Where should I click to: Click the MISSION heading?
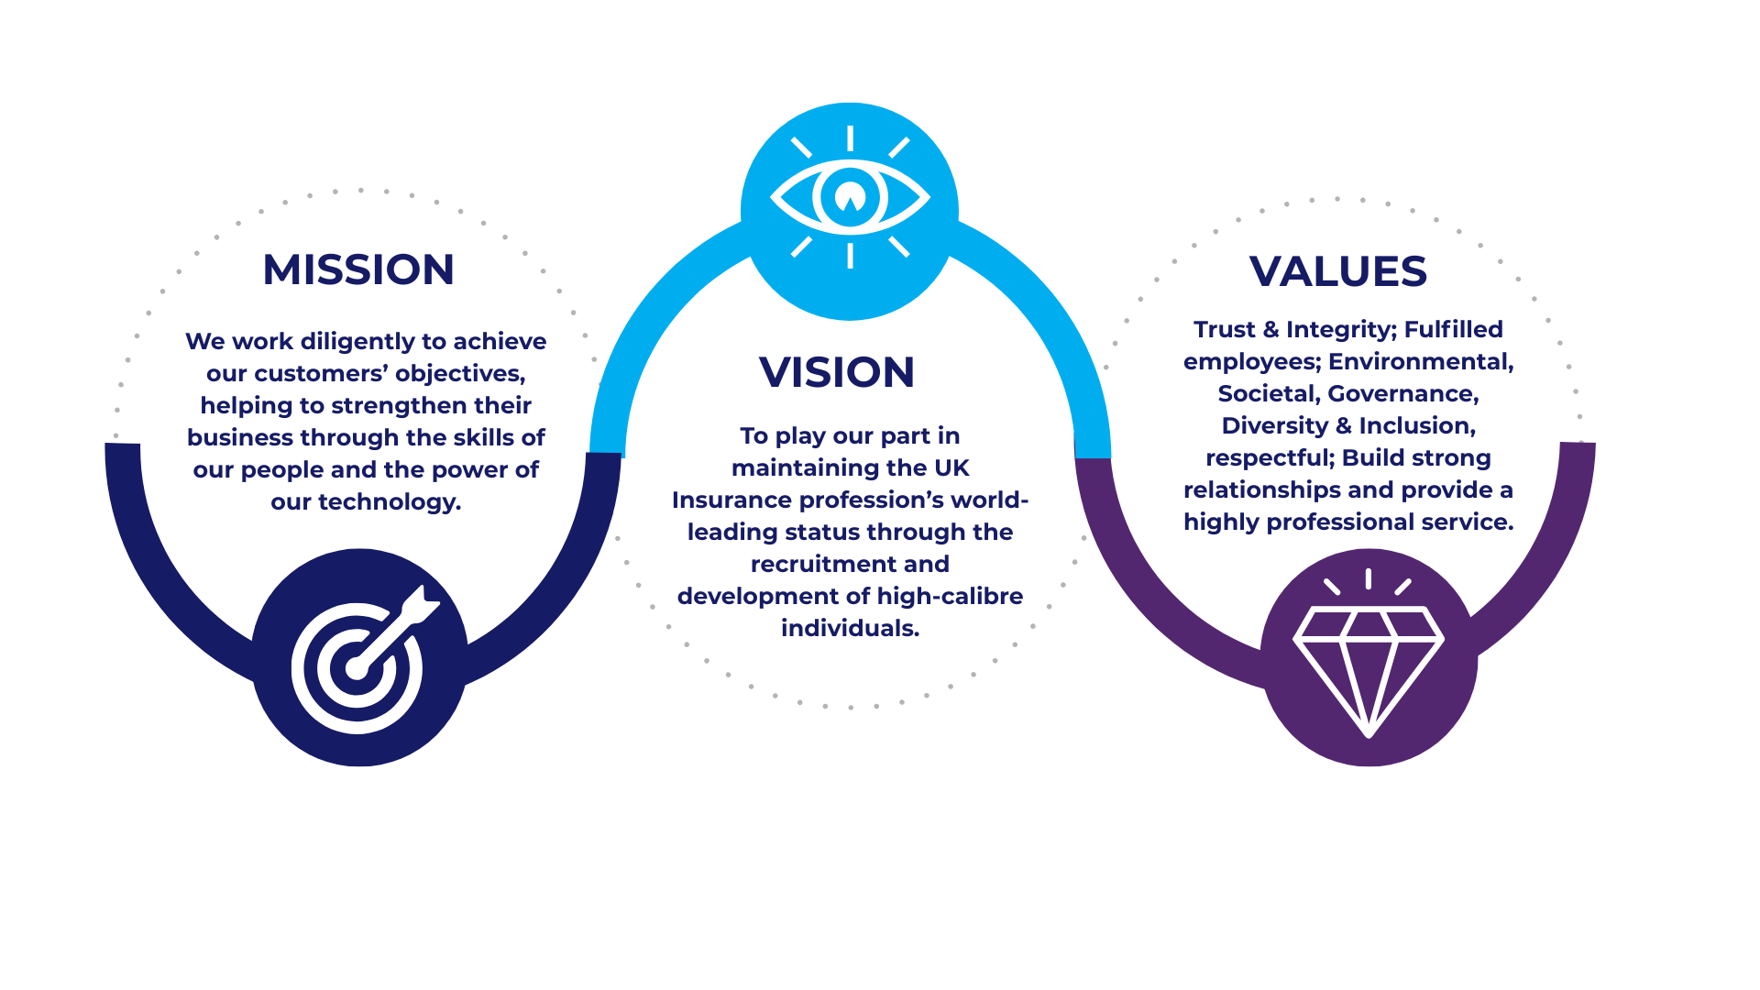358,269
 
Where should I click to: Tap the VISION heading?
837,372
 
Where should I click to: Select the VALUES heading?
1337,271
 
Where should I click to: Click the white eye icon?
850,197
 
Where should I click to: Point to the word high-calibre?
950,597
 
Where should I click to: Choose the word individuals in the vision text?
848,629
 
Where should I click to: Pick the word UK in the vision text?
951,468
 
